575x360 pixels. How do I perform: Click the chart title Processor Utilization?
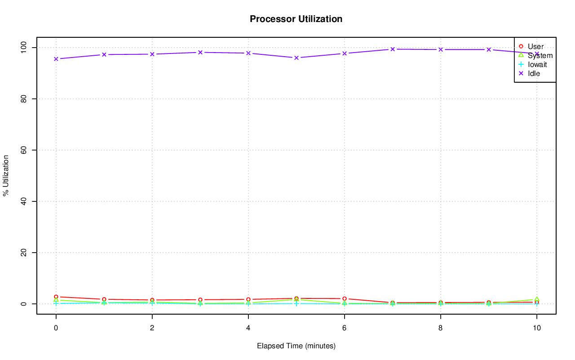coord(296,19)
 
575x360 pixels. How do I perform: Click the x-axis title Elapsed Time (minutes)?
coord(296,346)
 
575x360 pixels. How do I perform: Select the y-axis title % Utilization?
coord(6,175)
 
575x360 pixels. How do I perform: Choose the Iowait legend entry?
coord(537,64)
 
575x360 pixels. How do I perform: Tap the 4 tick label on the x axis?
coord(248,328)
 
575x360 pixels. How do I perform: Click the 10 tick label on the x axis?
coord(536,328)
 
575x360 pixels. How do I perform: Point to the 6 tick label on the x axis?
coord(344,328)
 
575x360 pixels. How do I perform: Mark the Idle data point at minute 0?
coord(56,59)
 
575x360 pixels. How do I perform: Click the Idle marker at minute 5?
coord(296,58)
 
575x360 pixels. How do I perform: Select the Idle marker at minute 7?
coord(393,49)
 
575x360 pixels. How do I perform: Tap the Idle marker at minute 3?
coord(200,52)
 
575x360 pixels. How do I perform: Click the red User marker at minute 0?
coord(56,297)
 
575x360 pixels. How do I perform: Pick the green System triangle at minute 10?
coord(536,299)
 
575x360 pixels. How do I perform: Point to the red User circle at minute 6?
coord(345,298)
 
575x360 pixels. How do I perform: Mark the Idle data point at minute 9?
coord(489,49)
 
